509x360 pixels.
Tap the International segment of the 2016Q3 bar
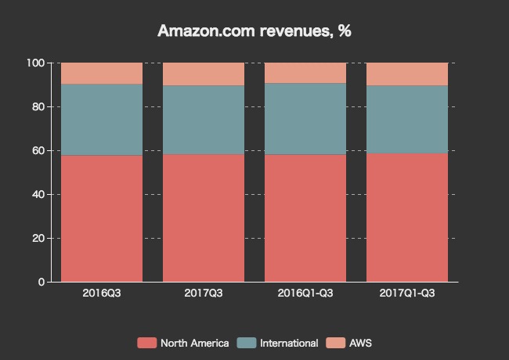pyautogui.click(x=102, y=119)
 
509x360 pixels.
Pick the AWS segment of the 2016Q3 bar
pyautogui.click(x=102, y=73)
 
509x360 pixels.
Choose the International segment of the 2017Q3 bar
pyautogui.click(x=204, y=119)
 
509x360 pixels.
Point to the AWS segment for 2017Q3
pyautogui.click(x=204, y=74)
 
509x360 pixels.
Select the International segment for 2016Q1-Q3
pyautogui.click(x=305, y=118)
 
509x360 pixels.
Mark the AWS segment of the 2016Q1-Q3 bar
pyautogui.click(x=305, y=72)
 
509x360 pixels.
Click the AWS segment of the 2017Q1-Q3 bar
pyautogui.click(x=407, y=74)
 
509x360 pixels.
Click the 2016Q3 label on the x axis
pyautogui.click(x=102, y=293)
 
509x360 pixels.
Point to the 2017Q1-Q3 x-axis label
pyautogui.click(x=407, y=293)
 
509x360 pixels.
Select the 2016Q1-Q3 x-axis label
pyautogui.click(x=305, y=293)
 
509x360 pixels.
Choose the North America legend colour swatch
pyautogui.click(x=146, y=343)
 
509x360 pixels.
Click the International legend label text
pyautogui.click(x=289, y=343)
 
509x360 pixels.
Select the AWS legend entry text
pyautogui.click(x=361, y=343)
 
